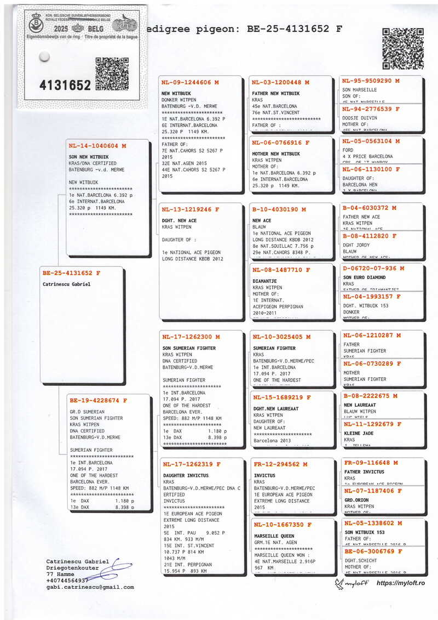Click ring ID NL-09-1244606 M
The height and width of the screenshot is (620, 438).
coord(190,82)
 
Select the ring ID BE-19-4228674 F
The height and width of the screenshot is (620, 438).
coord(98,401)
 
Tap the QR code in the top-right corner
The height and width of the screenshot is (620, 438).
coord(402,48)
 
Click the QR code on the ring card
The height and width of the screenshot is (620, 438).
coord(112,73)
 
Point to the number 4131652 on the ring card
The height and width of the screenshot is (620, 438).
coord(65,85)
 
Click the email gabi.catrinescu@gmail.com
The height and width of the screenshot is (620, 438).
coord(90,587)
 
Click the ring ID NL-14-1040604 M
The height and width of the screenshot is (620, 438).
coord(97,146)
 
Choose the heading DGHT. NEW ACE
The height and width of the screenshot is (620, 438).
coord(179,220)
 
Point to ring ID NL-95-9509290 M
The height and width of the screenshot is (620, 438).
coord(371,81)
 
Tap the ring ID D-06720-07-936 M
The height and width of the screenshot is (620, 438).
coord(373,269)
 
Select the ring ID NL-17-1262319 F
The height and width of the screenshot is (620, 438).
coord(192,464)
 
